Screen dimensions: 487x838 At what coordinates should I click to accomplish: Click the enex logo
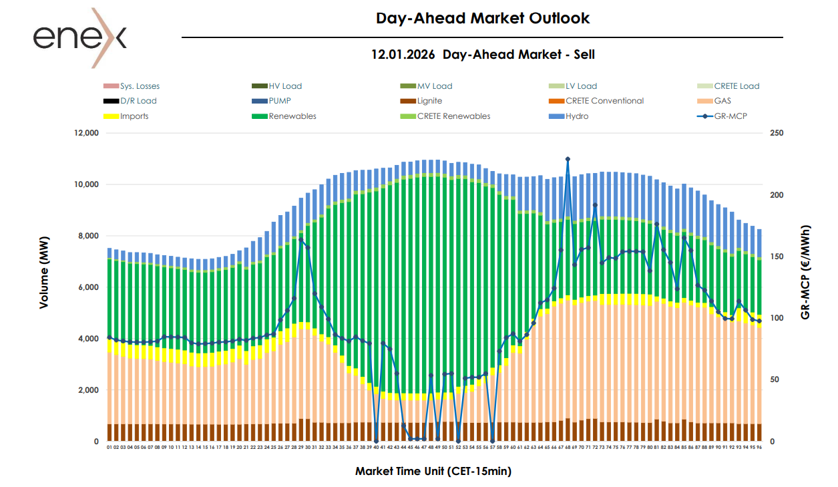(79, 37)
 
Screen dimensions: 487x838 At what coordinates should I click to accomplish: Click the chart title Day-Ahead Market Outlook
(483, 18)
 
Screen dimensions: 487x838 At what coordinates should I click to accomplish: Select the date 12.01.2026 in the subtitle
(404, 55)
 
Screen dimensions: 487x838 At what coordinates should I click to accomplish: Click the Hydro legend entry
(577, 116)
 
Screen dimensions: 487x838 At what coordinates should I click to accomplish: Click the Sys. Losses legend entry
(140, 86)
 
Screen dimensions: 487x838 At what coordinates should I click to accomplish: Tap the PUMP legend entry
(280, 101)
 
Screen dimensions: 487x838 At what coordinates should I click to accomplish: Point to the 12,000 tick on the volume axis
(85, 133)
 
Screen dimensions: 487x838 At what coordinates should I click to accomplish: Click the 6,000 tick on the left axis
(87, 287)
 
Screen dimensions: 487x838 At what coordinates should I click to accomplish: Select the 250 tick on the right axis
(777, 133)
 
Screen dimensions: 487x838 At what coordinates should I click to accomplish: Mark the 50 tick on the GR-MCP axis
(775, 379)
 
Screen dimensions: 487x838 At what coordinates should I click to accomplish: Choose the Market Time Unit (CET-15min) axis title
(433, 471)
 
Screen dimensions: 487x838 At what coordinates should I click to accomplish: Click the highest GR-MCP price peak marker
(568, 159)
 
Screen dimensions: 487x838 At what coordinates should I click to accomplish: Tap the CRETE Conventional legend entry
(604, 101)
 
